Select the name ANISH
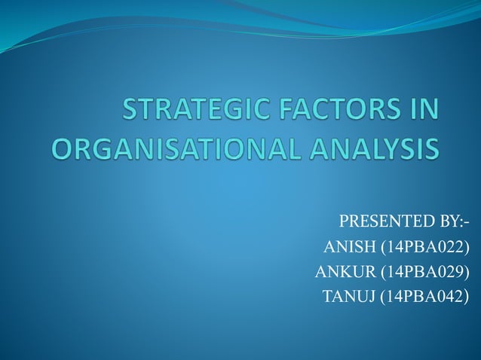[x=346, y=247]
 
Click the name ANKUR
[x=344, y=271]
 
